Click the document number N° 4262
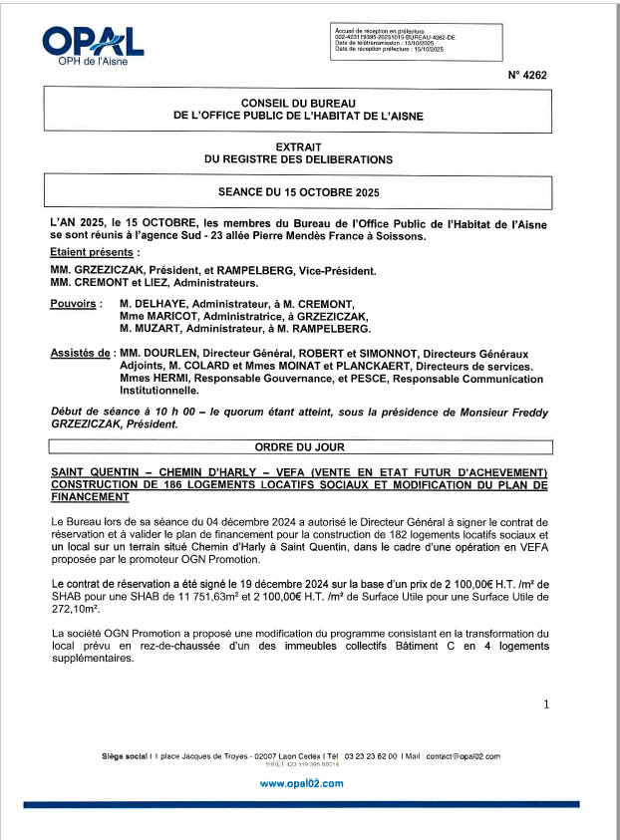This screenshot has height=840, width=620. [527, 75]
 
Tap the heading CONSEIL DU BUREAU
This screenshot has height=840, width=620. [298, 104]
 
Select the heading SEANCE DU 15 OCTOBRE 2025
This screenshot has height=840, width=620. [298, 189]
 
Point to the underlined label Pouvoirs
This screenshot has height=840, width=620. [72, 303]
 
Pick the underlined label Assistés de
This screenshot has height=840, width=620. [80, 354]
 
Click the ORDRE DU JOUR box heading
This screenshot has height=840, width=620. [298, 447]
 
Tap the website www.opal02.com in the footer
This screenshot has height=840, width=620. [301, 784]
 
